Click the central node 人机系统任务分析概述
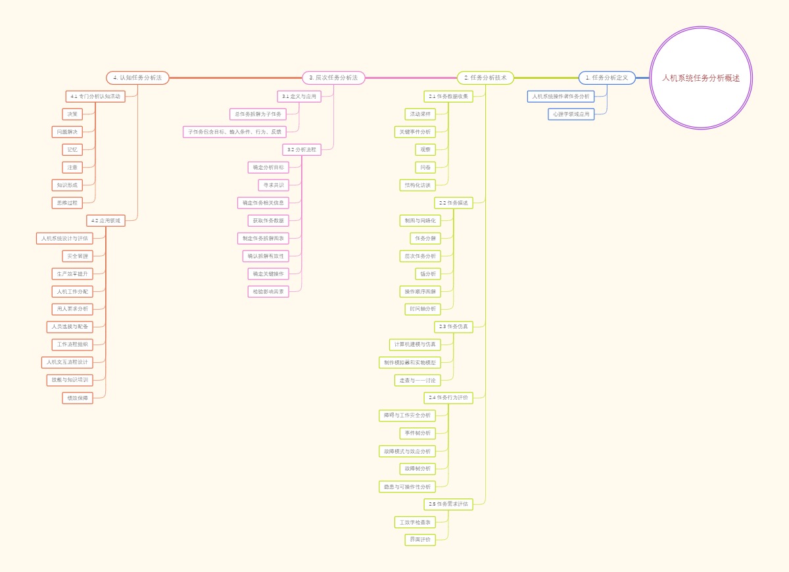[x=701, y=78]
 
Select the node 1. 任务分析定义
[x=607, y=78]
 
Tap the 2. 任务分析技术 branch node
[x=485, y=78]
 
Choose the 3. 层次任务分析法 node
[x=333, y=78]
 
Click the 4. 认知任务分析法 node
[x=137, y=78]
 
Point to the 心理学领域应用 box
[x=571, y=114]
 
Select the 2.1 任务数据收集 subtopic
[x=448, y=96]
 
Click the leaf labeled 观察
[x=425, y=149]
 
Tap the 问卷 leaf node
[x=425, y=167]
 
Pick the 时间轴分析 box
[x=423, y=309]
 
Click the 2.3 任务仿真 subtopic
[x=453, y=327]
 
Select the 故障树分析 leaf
[x=418, y=469]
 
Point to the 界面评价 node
[x=420, y=540]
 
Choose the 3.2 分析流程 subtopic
[x=302, y=149]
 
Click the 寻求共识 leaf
[x=274, y=185]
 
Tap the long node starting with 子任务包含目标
[x=235, y=131]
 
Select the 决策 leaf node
[x=72, y=114]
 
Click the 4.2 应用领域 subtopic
[x=106, y=220]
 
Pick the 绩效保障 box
[x=78, y=398]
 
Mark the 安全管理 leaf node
[x=78, y=256]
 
